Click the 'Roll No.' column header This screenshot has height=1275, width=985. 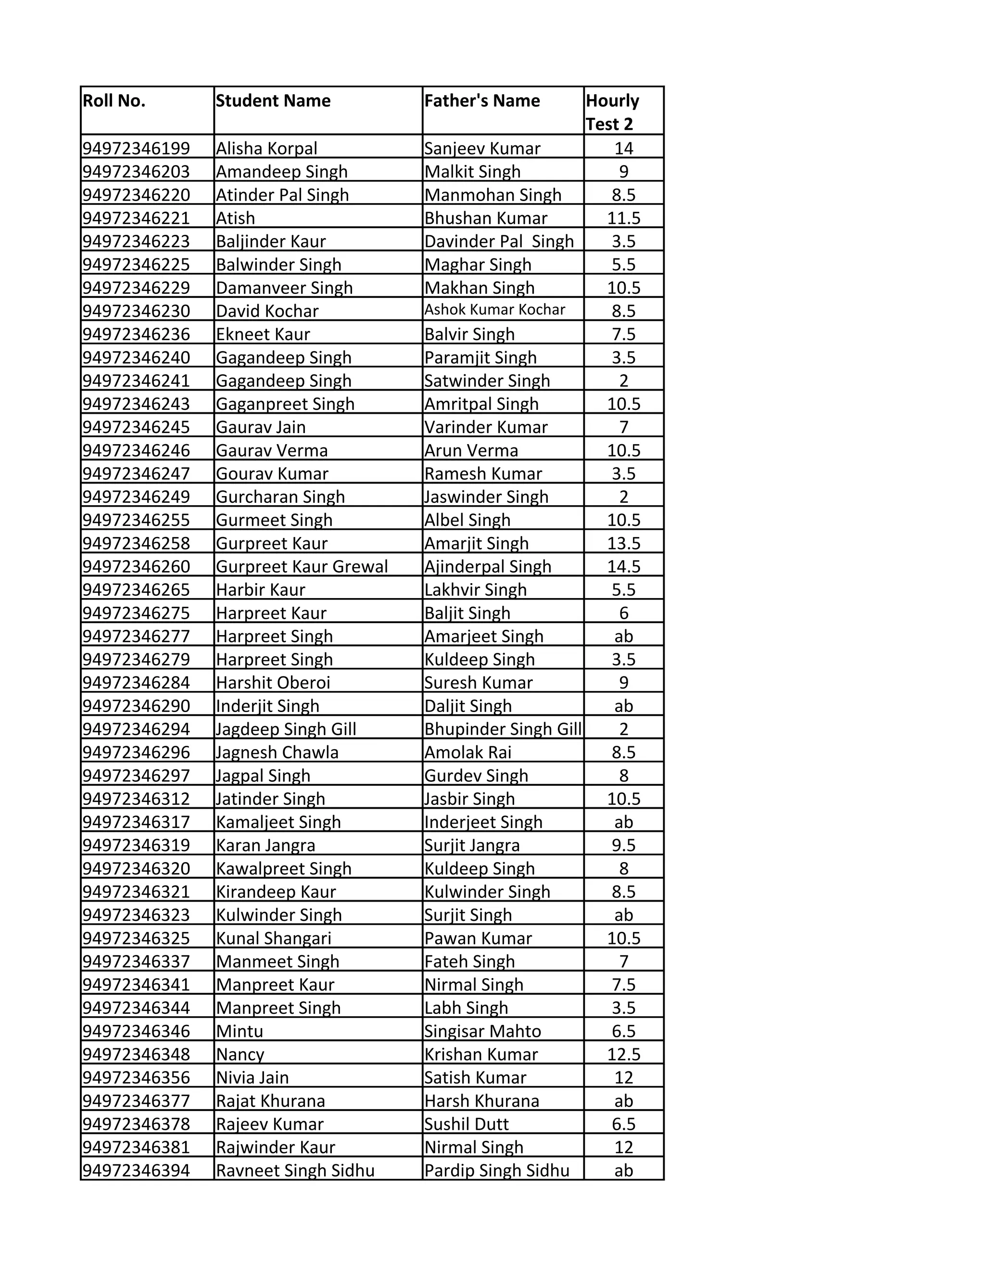click(x=114, y=101)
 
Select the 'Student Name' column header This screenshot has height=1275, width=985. click(x=273, y=101)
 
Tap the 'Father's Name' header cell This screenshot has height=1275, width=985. click(x=482, y=101)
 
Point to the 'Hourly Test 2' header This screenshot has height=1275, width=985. click(x=612, y=112)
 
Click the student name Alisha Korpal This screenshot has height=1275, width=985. click(x=266, y=148)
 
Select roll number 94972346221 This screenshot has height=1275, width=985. click(x=136, y=218)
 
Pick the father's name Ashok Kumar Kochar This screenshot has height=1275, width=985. click(x=495, y=310)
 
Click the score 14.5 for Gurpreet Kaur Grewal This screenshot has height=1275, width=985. click(x=623, y=567)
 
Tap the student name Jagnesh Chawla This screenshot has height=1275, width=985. click(x=277, y=752)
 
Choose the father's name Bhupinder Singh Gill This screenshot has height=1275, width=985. click(x=503, y=729)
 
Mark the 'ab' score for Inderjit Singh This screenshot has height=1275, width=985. click(x=623, y=706)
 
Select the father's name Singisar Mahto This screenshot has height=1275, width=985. click(x=482, y=1032)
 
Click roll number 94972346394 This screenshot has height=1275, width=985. click(x=136, y=1171)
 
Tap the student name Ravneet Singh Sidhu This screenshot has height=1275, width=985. click(x=295, y=1171)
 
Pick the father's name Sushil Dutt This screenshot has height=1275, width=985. click(x=466, y=1124)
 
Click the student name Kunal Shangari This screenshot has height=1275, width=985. click(x=274, y=939)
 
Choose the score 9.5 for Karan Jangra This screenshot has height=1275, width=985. click(x=623, y=845)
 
